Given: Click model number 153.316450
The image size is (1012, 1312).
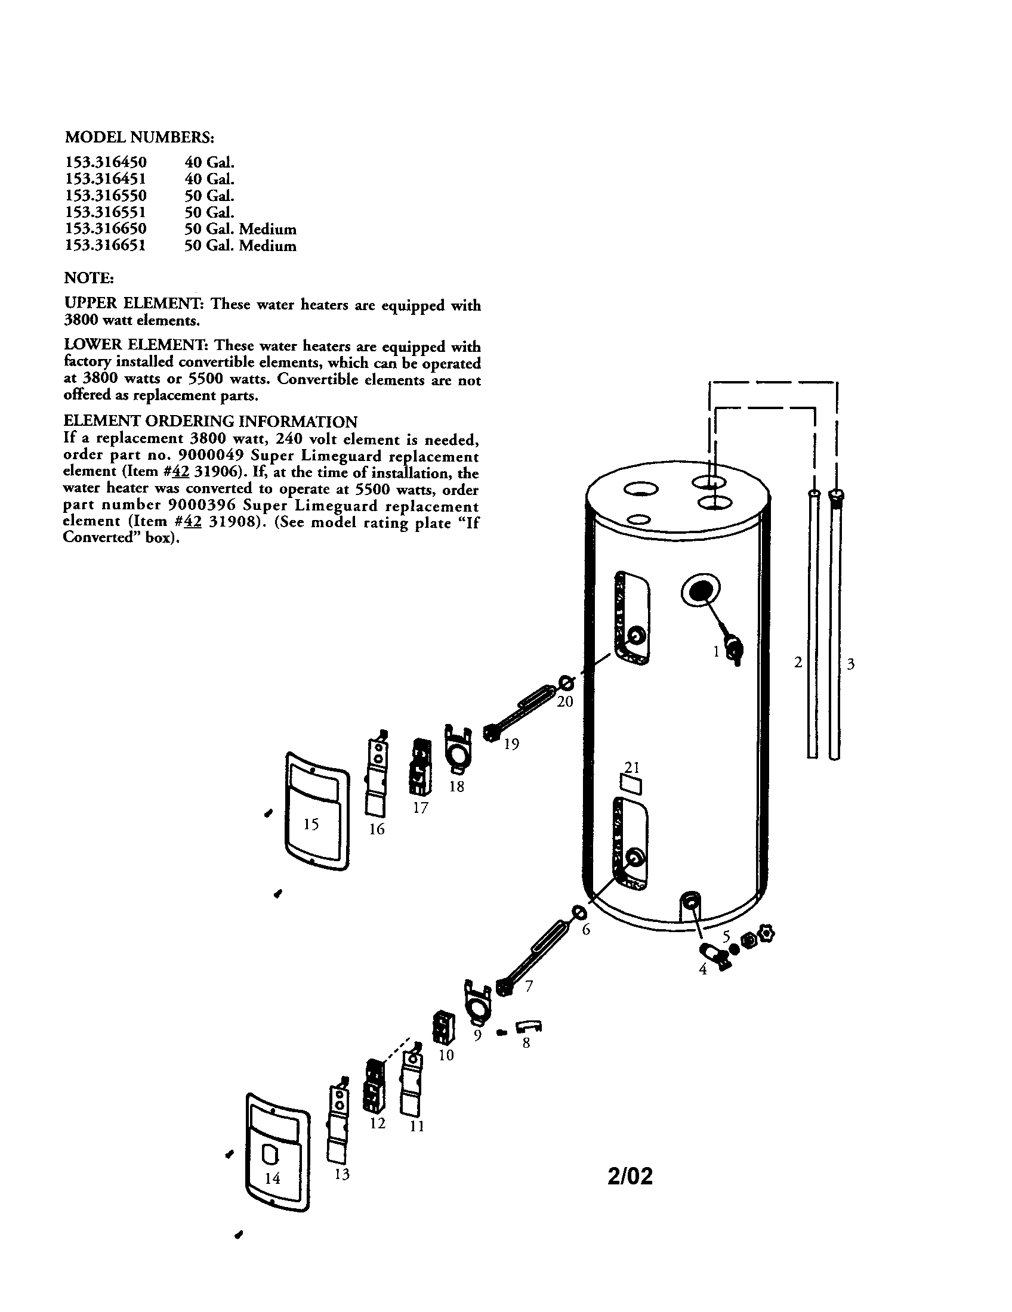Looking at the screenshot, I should point(105,162).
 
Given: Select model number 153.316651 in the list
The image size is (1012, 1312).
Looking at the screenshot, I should point(105,246).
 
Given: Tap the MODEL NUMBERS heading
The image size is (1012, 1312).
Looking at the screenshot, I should point(139,137).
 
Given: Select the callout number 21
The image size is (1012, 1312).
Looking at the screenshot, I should point(631,767).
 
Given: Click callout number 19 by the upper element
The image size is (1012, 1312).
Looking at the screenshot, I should point(511,744).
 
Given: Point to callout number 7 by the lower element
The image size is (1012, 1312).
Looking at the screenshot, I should point(529,986).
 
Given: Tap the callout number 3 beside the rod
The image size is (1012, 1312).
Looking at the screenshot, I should point(850,664).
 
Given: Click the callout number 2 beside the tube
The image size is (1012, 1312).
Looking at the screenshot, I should point(798,663).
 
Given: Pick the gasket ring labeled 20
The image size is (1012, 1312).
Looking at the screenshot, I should point(566,682).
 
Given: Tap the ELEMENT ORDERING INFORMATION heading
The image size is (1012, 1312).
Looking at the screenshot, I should point(210,421).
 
